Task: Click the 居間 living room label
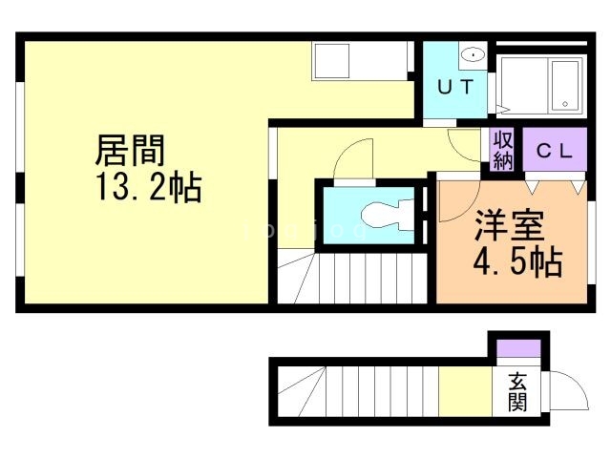click(x=132, y=151)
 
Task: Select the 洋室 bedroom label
click(x=509, y=226)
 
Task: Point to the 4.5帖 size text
click(x=516, y=260)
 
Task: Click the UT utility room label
click(x=455, y=86)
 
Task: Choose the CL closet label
click(x=553, y=150)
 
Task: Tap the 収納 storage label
click(x=503, y=150)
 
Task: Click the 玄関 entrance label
click(x=517, y=391)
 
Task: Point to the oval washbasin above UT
click(x=473, y=56)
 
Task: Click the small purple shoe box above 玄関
click(x=517, y=348)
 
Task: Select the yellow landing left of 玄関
click(x=460, y=391)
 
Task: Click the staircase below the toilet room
click(x=363, y=275)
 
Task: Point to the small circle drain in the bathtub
click(x=566, y=104)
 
